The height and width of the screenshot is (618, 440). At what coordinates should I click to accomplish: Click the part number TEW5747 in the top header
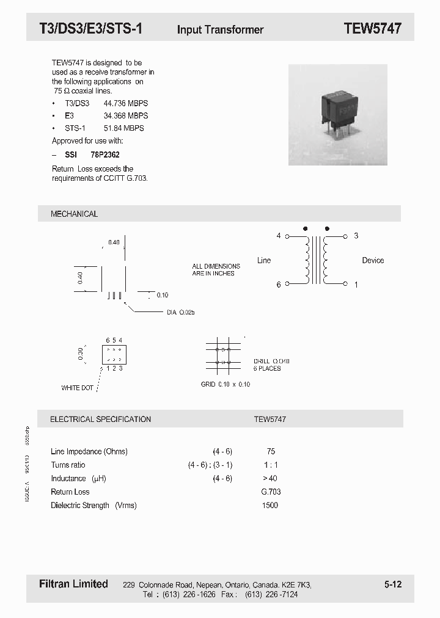click(372, 28)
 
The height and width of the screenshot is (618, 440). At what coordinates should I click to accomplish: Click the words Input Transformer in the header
click(220, 29)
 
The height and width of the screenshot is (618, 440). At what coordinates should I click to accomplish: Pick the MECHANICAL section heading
click(74, 214)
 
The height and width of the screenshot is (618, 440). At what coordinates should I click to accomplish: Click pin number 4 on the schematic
click(279, 236)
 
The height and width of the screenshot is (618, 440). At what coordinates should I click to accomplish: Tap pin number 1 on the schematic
click(356, 285)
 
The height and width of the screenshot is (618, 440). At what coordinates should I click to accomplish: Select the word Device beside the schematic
click(373, 260)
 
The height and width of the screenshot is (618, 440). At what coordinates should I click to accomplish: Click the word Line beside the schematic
click(264, 260)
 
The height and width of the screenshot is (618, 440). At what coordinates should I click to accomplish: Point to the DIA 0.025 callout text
click(180, 312)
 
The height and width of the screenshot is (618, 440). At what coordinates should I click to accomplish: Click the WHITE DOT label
click(77, 388)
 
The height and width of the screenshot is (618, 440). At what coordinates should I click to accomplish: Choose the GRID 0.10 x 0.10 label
click(226, 384)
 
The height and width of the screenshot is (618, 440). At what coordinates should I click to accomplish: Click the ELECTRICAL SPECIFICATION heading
click(100, 420)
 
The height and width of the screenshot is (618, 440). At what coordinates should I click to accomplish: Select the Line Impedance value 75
click(271, 452)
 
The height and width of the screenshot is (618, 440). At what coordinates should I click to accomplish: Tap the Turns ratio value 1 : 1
click(271, 465)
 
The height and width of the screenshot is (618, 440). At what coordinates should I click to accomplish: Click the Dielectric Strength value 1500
click(269, 505)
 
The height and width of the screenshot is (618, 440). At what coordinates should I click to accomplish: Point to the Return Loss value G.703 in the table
click(271, 492)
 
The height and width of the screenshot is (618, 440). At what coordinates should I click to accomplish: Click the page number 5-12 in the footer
click(393, 584)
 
